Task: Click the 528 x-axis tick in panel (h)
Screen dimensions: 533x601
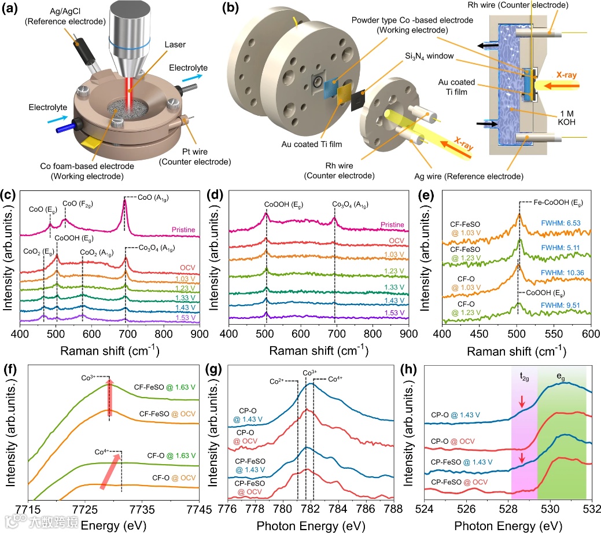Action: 508,509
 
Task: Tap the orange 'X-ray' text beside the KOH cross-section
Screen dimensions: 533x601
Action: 574,76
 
